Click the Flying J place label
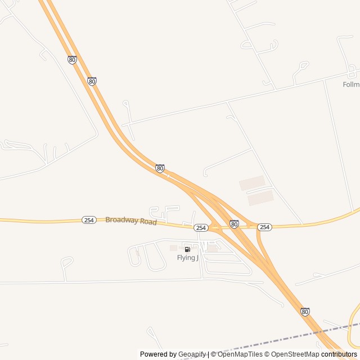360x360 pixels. click(188, 258)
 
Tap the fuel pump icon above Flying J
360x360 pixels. click(187, 249)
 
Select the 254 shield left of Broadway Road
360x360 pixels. click(88, 220)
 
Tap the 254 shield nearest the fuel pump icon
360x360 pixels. click(201, 228)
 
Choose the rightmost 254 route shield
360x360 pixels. click(264, 227)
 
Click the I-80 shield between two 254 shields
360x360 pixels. click(234, 224)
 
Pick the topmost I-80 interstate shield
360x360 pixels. click(72, 60)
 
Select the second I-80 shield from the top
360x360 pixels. click(92, 81)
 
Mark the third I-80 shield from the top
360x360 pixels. click(160, 168)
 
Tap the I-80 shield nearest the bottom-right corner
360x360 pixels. click(305, 312)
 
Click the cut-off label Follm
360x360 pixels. click(351, 84)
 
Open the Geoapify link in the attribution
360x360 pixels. click(192, 354)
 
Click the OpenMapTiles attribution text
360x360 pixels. click(240, 354)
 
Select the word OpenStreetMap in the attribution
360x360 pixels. click(295, 354)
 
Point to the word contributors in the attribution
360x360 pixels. click(339, 354)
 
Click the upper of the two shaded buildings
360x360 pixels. click(252, 183)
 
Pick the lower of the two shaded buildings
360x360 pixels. click(260, 197)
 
